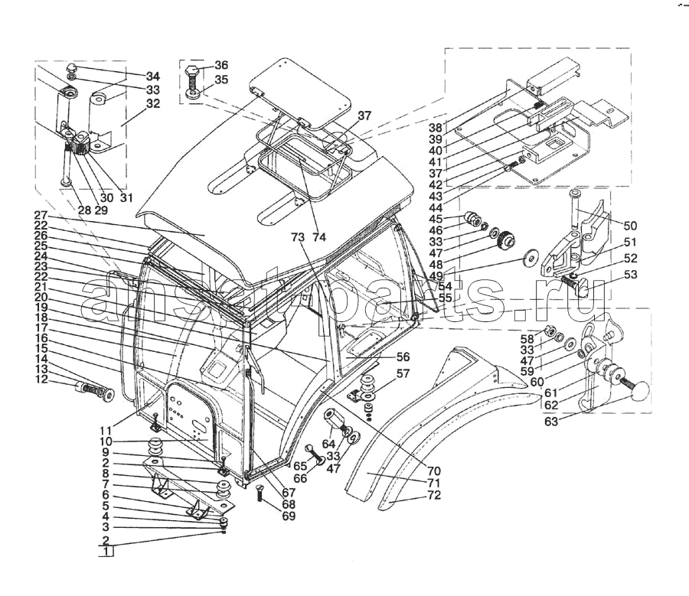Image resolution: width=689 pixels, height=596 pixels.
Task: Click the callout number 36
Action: tap(220, 65)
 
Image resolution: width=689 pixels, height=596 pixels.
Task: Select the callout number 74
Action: tap(318, 237)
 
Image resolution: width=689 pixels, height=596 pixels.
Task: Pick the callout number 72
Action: tap(433, 497)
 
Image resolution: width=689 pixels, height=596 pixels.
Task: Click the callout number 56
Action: tap(403, 357)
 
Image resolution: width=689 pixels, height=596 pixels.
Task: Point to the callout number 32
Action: tap(152, 104)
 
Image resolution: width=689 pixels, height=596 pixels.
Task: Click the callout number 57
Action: tap(403, 374)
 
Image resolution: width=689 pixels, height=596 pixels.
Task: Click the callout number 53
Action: tap(630, 274)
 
